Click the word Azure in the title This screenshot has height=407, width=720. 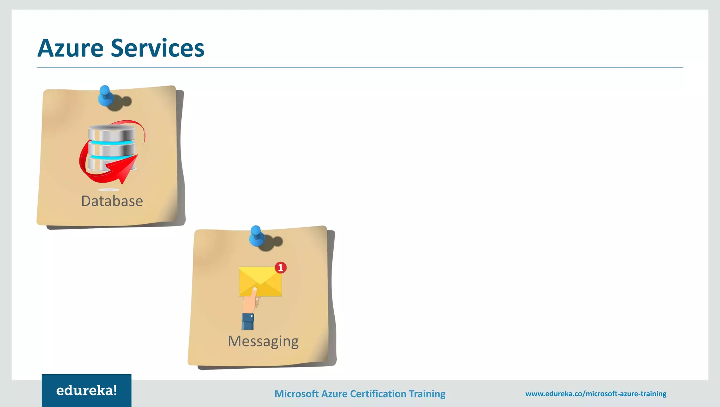tap(70, 48)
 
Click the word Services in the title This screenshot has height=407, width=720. tap(157, 48)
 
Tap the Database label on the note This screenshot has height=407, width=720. tap(112, 201)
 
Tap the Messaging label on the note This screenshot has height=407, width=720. tap(263, 341)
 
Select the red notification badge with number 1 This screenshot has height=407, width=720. tap(281, 268)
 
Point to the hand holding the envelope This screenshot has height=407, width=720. tap(250, 301)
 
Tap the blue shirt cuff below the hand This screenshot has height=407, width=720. tap(248, 322)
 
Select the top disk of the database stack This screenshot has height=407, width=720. tap(112, 133)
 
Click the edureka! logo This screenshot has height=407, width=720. tap(86, 390)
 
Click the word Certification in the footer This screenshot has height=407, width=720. tap(378, 394)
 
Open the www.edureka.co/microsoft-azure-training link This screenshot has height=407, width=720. tap(596, 394)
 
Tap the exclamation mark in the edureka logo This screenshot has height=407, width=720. tap(115, 390)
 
